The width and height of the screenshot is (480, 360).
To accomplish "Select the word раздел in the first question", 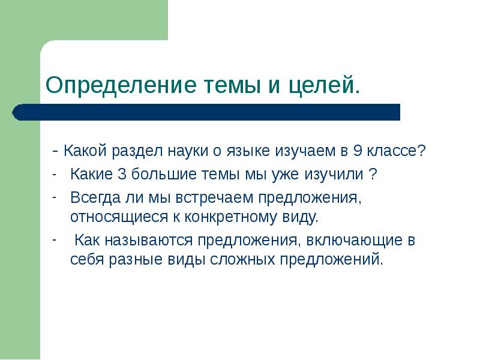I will pyautogui.click(x=130, y=151).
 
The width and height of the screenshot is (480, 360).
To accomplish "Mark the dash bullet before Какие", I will pyautogui.click(x=53, y=175).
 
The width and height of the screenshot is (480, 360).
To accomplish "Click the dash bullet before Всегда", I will pyautogui.click(x=53, y=197).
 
